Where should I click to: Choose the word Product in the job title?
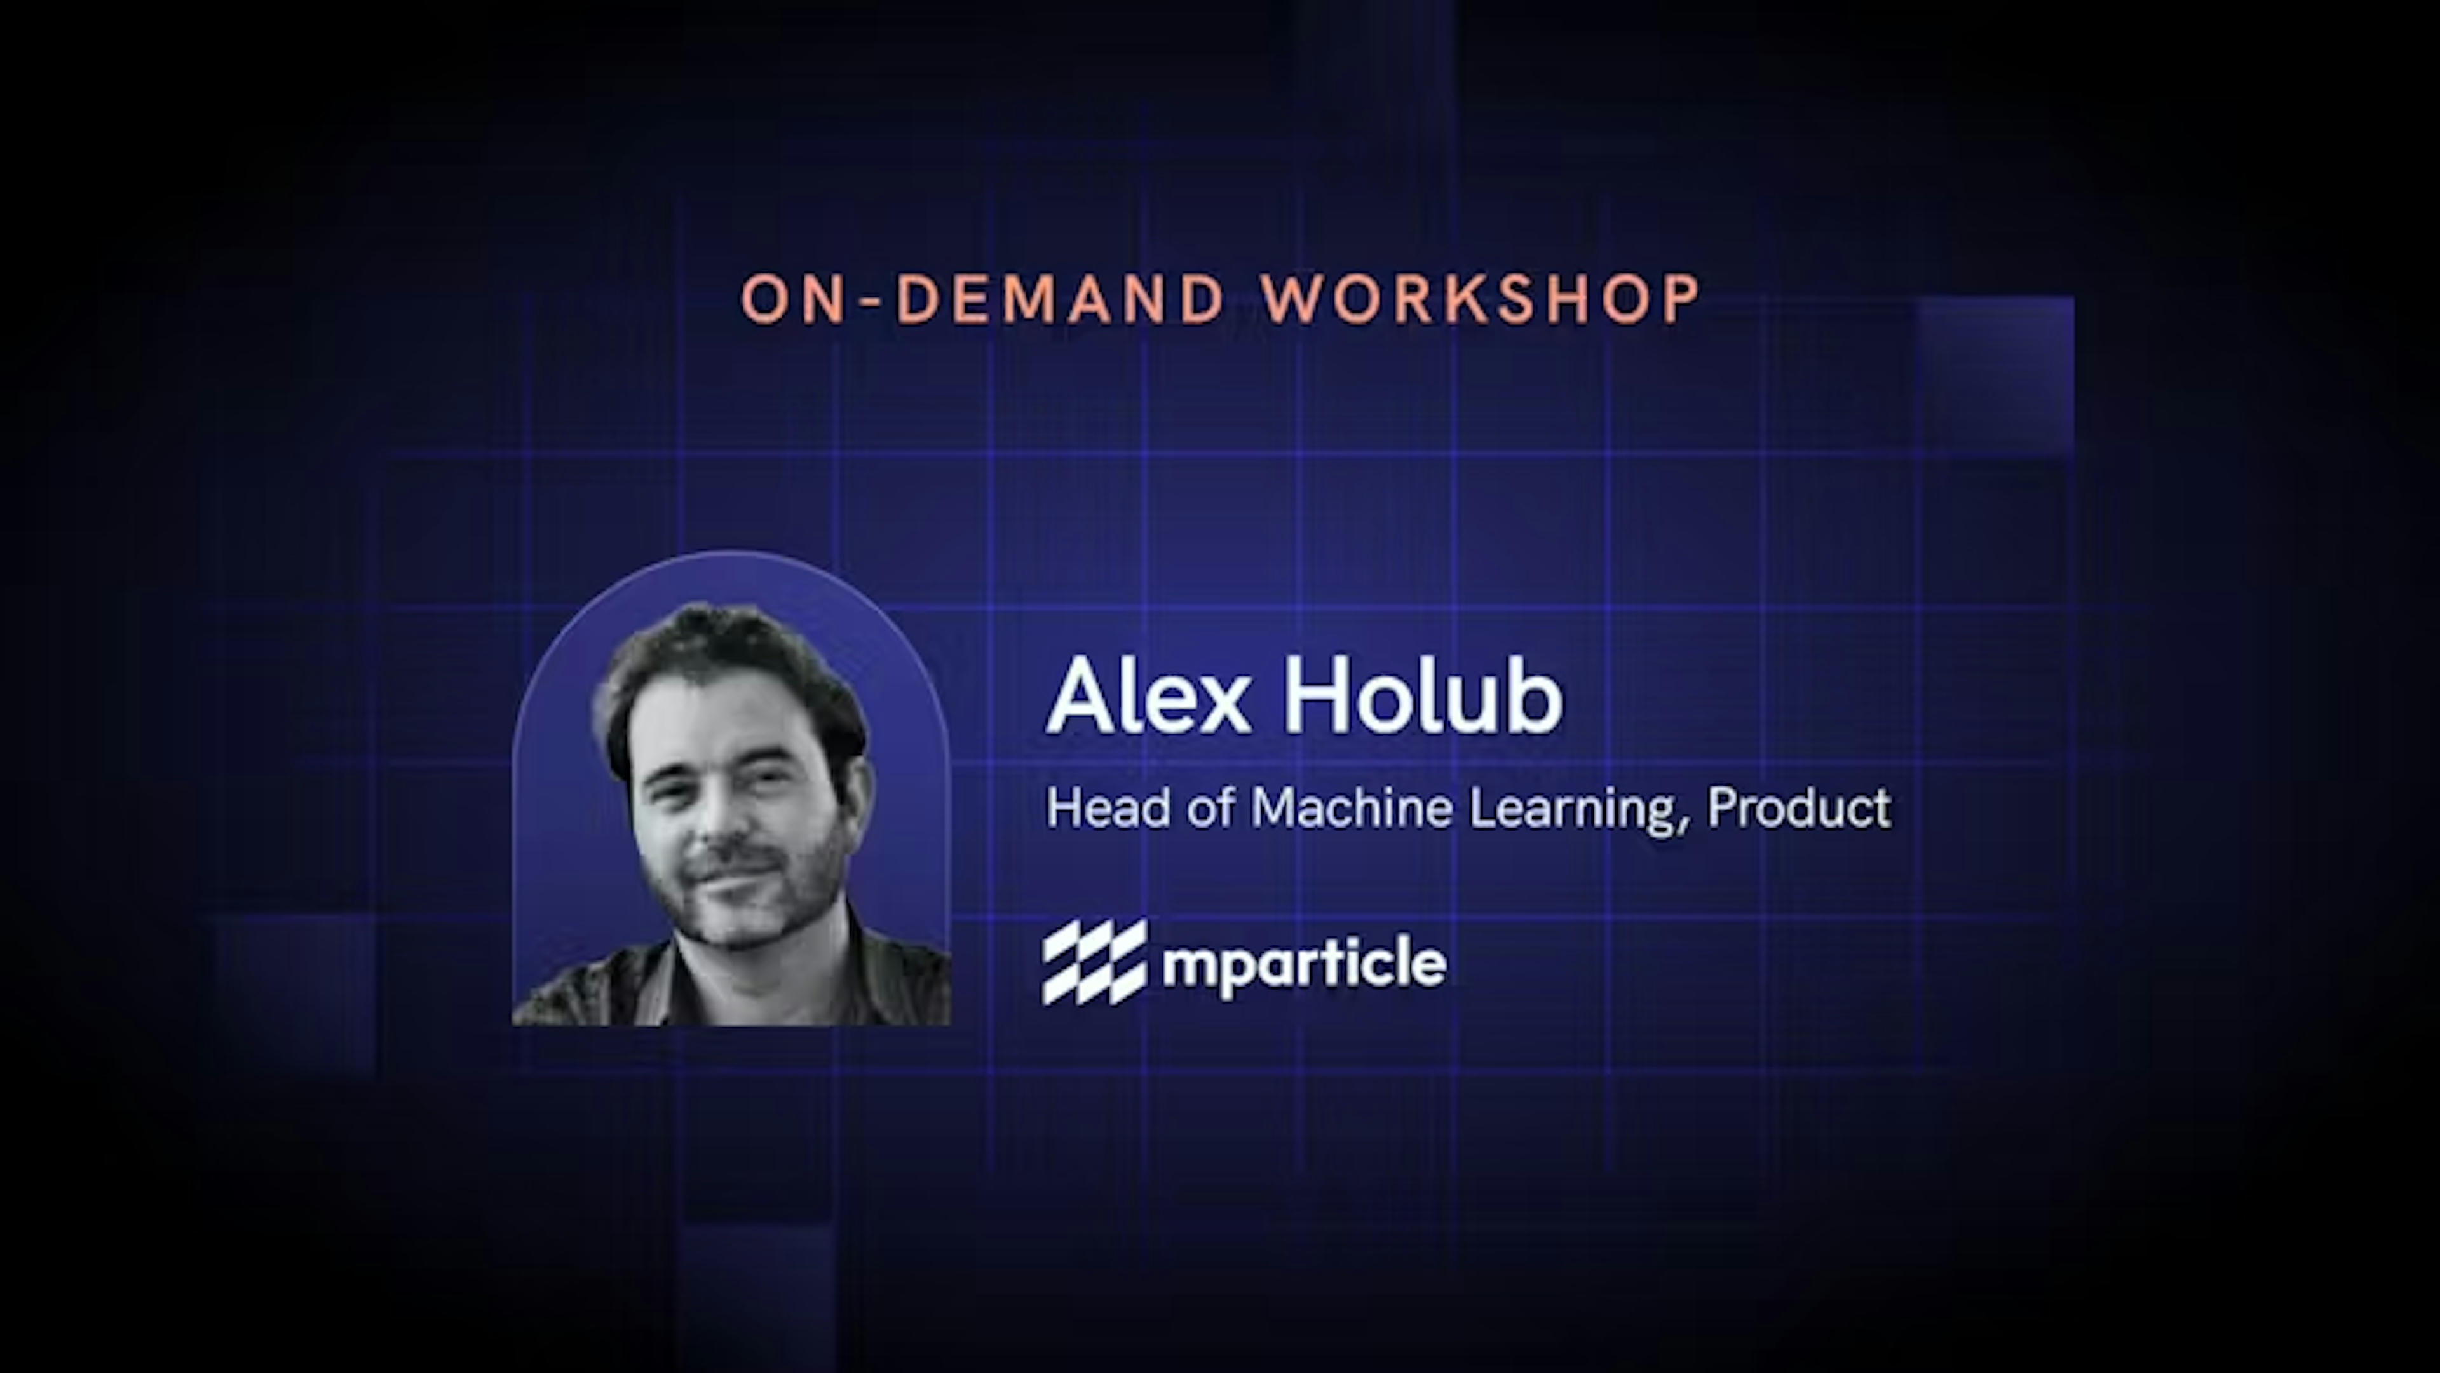1798,809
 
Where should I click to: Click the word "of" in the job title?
1210,809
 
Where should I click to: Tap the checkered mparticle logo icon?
1094,961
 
